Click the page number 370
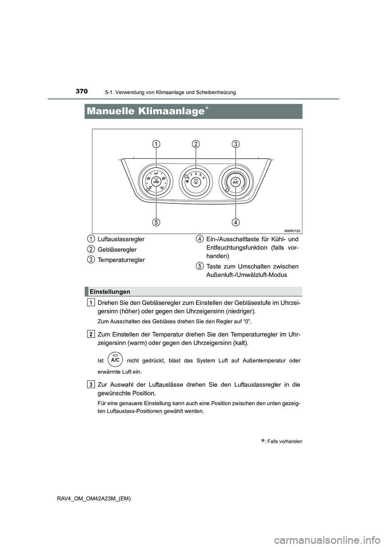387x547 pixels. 81,91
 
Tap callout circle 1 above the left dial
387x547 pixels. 156,144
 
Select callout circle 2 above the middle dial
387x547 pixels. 196,144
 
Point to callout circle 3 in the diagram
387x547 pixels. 235,144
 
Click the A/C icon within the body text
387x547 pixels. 115,360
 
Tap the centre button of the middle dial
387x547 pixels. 196,182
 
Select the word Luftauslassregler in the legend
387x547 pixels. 121,239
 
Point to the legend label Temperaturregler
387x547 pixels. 121,260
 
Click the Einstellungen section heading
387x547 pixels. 110,292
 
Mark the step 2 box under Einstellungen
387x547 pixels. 92,334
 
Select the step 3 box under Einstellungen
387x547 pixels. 92,384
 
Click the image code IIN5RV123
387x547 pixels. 292,231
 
